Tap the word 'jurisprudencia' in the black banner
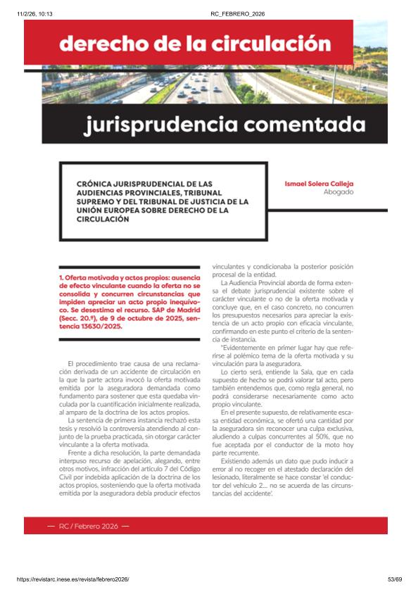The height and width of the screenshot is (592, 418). click(172, 125)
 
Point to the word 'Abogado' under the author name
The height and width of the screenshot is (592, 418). click(338, 191)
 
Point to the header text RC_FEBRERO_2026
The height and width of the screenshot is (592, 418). click(237, 14)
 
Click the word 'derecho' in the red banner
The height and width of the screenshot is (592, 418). click(101, 44)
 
